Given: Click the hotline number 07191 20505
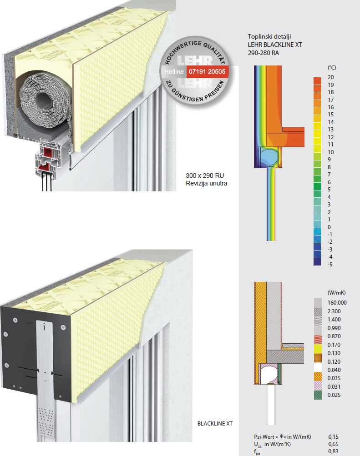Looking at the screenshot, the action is (x=207, y=71).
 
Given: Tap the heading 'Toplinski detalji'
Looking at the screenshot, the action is (x=269, y=36).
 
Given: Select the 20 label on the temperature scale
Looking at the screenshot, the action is (x=330, y=77).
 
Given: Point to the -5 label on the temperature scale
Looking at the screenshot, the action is (x=330, y=264).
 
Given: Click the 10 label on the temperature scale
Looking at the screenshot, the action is (x=330, y=152).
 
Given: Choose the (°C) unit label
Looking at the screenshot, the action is (x=332, y=67).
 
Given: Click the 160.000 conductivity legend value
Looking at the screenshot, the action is (x=337, y=302).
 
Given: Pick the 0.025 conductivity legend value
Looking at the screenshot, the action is (x=334, y=395).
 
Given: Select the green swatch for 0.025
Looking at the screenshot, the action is (x=318, y=395).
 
